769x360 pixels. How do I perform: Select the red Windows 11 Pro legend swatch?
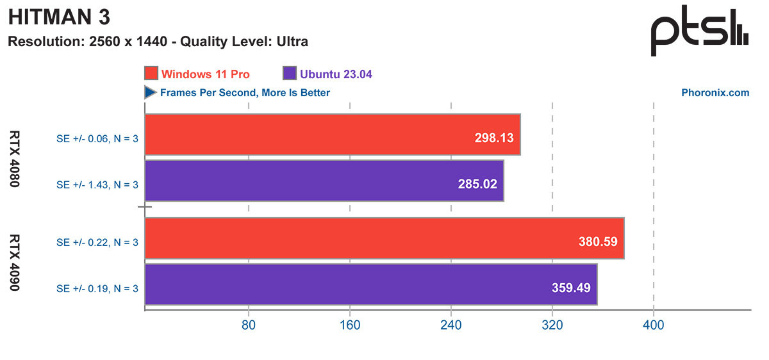[152, 74]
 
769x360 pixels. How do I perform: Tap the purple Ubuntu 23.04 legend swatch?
[288, 74]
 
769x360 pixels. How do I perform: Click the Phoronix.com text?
[715, 93]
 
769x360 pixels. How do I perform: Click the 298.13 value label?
[494, 137]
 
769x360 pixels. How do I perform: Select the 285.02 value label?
[477, 183]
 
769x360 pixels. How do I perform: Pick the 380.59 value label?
[599, 241]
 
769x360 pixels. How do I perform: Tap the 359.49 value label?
[571, 288]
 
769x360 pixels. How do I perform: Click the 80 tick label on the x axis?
[249, 325]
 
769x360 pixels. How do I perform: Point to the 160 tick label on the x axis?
[350, 325]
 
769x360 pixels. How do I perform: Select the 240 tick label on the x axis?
[451, 325]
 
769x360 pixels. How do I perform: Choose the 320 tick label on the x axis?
[552, 325]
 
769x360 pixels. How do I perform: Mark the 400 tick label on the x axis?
[653, 325]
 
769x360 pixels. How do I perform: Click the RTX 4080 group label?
[15, 159]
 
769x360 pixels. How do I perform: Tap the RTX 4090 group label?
[15, 263]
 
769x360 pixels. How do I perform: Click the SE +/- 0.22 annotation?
[97, 242]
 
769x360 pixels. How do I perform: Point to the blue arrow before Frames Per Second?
[151, 93]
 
